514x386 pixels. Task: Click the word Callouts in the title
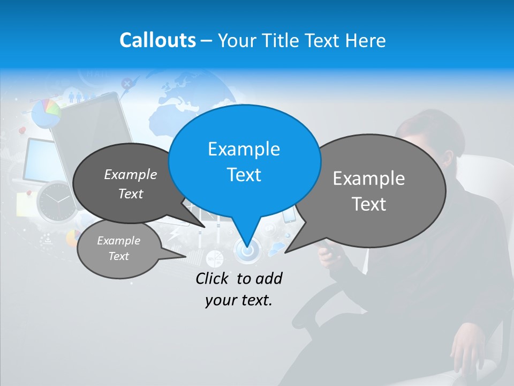click(x=157, y=40)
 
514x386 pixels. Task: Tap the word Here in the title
click(x=365, y=40)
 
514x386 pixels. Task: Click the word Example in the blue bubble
click(x=244, y=149)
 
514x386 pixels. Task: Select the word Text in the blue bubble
click(x=244, y=175)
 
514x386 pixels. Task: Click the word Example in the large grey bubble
click(x=369, y=179)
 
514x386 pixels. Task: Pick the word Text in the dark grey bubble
click(x=131, y=194)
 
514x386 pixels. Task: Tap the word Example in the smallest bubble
click(x=118, y=241)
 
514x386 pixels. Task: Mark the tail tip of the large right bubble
click(x=285, y=252)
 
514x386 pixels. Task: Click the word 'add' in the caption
click(x=269, y=278)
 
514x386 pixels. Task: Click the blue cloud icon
click(x=277, y=248)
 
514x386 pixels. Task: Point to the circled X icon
click(x=126, y=83)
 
